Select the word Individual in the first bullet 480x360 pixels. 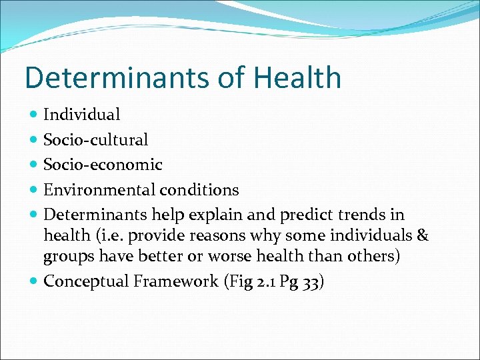(x=81, y=115)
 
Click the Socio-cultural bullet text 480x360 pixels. (x=95, y=140)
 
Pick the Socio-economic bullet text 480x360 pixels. (x=103, y=165)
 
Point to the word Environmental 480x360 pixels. (x=99, y=190)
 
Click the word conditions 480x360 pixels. (x=199, y=190)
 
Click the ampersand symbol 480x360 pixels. (x=423, y=236)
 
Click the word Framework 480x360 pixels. (x=175, y=281)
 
